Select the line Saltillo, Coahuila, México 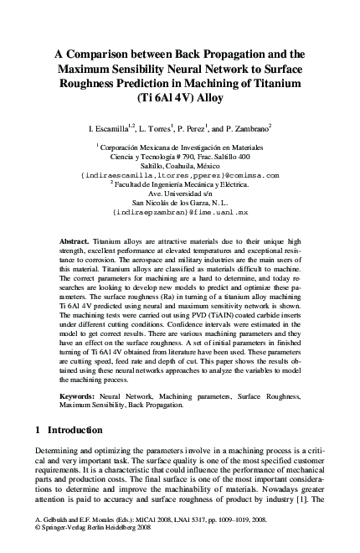(x=180, y=166)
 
